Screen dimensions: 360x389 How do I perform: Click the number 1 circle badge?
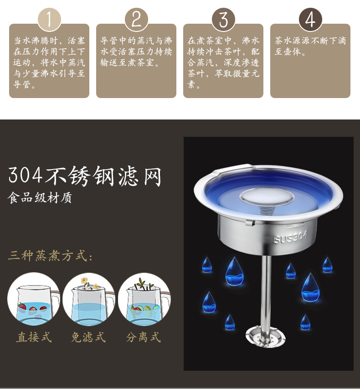click(49, 20)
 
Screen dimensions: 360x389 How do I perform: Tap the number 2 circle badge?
click(136, 20)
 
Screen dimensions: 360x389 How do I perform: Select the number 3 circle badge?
click(223, 20)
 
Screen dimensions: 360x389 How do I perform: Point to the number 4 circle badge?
click(310, 20)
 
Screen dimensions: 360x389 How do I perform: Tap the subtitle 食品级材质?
click(40, 198)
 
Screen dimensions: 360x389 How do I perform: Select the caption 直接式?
click(34, 337)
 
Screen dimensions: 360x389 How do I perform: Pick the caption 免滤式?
click(88, 337)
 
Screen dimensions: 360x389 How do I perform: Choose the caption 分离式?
click(143, 337)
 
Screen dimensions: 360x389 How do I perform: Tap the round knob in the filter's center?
click(267, 197)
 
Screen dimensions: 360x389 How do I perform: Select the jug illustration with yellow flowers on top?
click(89, 299)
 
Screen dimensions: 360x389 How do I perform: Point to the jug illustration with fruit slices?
click(144, 299)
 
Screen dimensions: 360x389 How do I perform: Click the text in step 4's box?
click(310, 46)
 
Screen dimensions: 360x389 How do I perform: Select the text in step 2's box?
click(136, 52)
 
